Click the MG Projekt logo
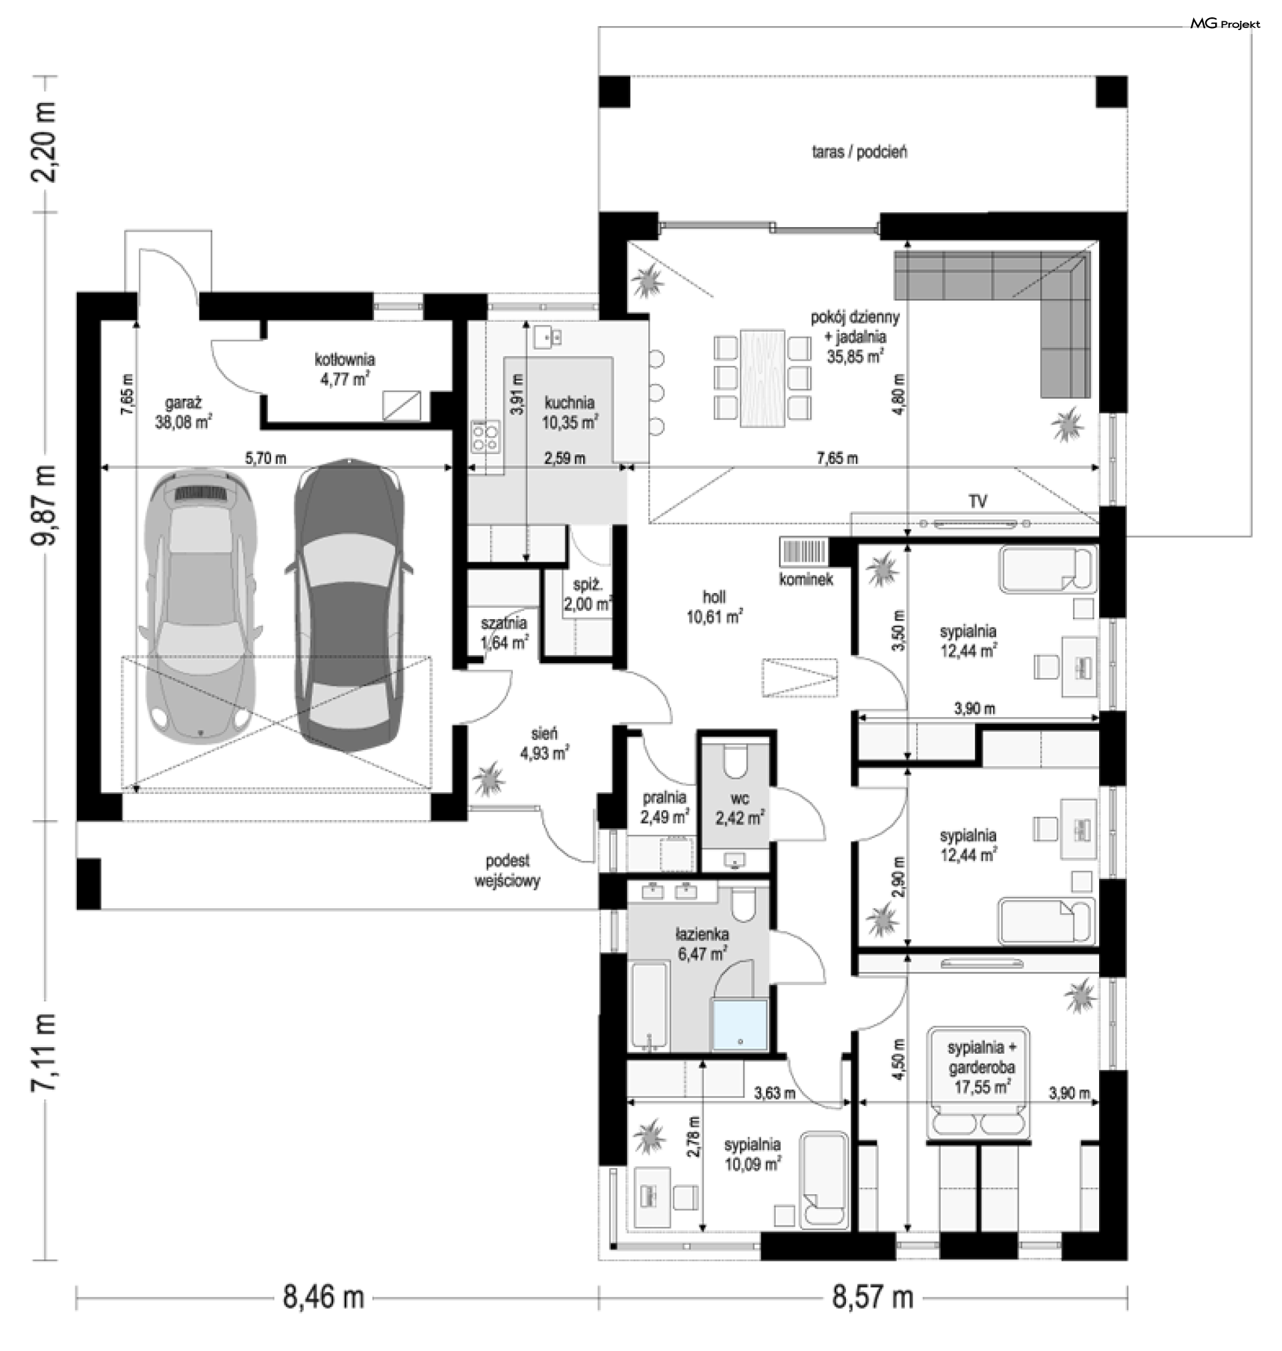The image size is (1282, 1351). (1225, 24)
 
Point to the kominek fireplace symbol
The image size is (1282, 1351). (803, 552)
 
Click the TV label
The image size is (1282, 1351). (978, 502)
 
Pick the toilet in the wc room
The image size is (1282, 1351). (735, 763)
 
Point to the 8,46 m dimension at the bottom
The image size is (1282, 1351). (323, 1297)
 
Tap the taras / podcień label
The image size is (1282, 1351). (860, 152)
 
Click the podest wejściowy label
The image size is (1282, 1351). (507, 872)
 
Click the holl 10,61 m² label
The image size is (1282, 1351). (715, 607)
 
